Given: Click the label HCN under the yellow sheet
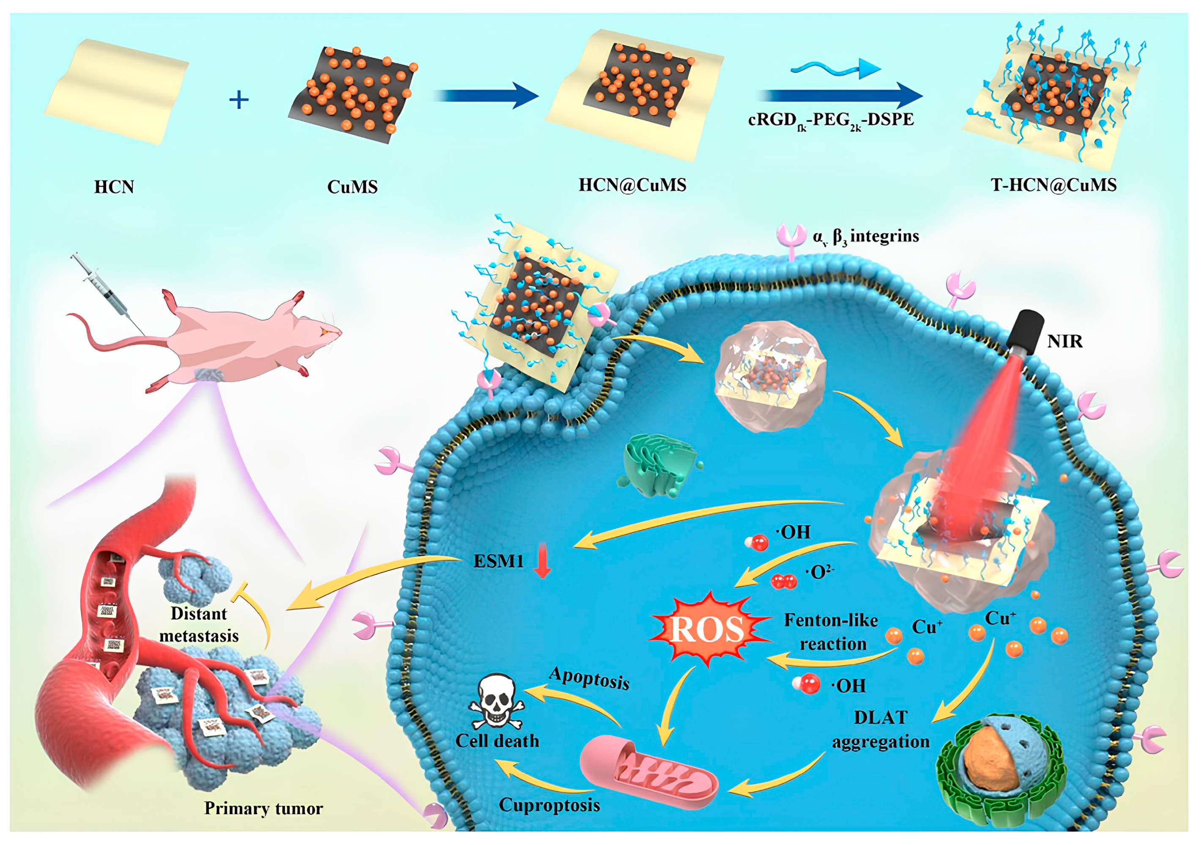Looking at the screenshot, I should click(114, 187).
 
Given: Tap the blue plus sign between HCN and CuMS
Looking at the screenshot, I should click(239, 99).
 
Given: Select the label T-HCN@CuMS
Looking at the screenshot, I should click(1053, 185).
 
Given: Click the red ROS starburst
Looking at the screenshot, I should click(707, 629).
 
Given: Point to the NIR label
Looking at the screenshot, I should click(1064, 342).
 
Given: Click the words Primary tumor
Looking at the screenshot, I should click(263, 808).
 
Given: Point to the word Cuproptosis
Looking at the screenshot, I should click(549, 805).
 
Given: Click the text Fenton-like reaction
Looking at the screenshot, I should click(831, 632).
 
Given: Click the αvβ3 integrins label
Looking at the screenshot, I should click(866, 236).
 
